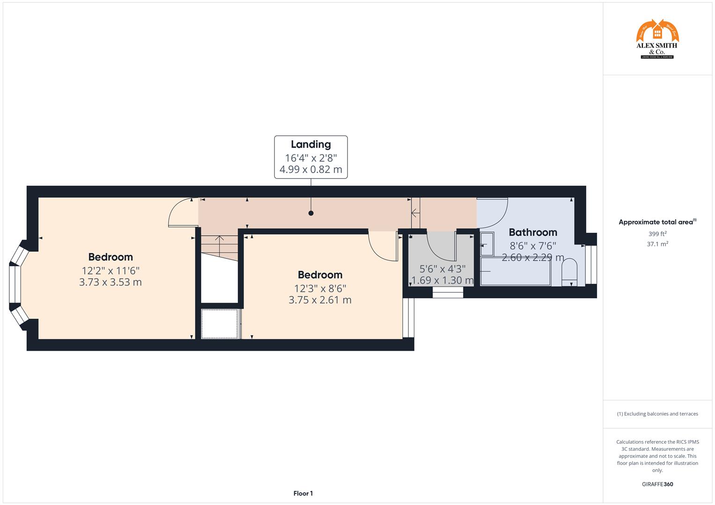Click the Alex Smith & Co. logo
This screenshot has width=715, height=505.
pyautogui.click(x=657, y=39)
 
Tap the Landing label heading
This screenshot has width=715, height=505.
pyautogui.click(x=310, y=144)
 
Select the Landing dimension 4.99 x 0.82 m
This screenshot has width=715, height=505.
pyautogui.click(x=310, y=170)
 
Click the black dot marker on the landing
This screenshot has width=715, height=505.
pyautogui.click(x=311, y=213)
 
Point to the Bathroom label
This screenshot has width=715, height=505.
pyautogui.click(x=533, y=232)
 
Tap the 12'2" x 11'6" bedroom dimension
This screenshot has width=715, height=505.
pyautogui.click(x=111, y=270)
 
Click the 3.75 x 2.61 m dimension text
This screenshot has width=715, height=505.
pyautogui.click(x=320, y=300)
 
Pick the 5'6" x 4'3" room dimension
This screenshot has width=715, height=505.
pyautogui.click(x=442, y=269)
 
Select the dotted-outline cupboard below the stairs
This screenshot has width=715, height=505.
pyautogui.click(x=220, y=324)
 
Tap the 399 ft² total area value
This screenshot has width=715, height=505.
pyautogui.click(x=657, y=234)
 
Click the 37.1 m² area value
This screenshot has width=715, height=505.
pyautogui.click(x=657, y=244)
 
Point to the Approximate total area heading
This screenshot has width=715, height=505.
pyautogui.click(x=657, y=222)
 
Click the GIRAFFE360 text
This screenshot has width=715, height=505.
pyautogui.click(x=657, y=484)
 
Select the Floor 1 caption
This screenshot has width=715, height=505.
pyautogui.click(x=303, y=493)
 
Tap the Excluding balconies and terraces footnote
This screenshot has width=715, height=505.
pyautogui.click(x=657, y=414)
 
